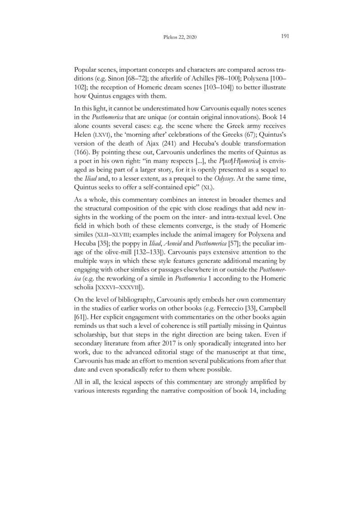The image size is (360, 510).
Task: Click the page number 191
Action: (x=284, y=37)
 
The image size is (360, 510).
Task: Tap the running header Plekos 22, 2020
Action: (x=179, y=37)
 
